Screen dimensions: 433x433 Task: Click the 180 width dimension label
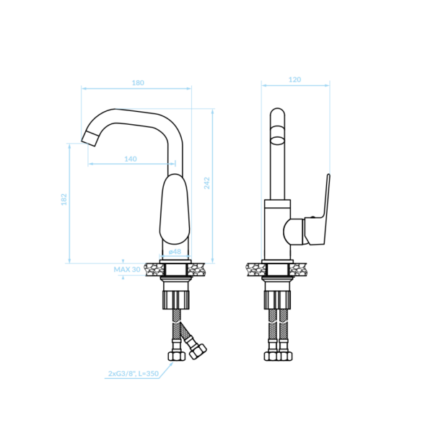[x=138, y=83]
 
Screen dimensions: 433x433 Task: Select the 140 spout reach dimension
[x=131, y=159]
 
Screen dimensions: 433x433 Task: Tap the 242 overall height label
[x=206, y=183]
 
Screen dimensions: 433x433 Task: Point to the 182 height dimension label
[x=64, y=199]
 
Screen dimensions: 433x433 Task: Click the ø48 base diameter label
[x=175, y=252]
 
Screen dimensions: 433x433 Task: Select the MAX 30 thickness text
[x=127, y=269]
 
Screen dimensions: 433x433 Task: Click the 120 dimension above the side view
[x=294, y=80]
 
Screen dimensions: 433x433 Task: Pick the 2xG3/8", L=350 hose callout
[x=134, y=374]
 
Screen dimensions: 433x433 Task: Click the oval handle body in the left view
[x=175, y=209]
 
